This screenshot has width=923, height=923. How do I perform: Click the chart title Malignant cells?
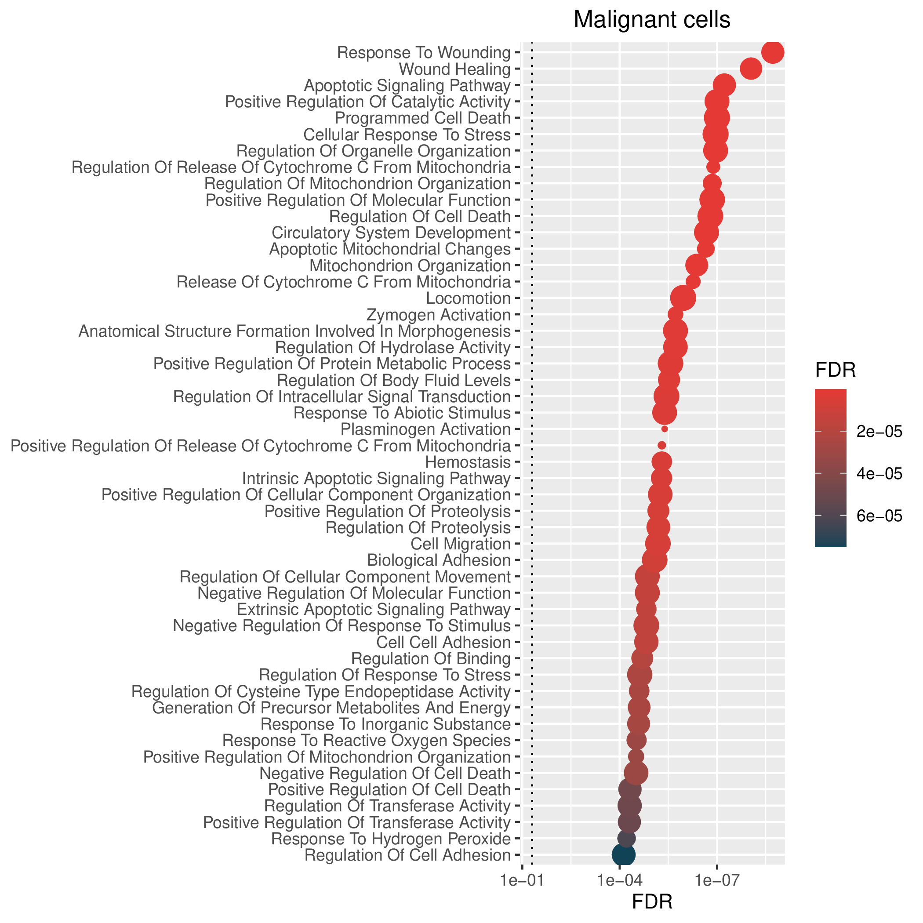tap(652, 20)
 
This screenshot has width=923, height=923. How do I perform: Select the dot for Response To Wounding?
tap(773, 52)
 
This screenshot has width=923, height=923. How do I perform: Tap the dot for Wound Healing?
tap(751, 69)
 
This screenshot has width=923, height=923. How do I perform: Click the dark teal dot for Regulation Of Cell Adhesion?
tap(623, 855)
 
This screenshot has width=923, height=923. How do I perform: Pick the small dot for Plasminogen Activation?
tap(665, 429)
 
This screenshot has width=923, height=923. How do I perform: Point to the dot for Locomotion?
tap(683, 298)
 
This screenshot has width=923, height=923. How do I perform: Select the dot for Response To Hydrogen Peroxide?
tap(626, 838)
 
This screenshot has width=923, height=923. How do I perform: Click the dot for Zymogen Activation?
tap(675, 314)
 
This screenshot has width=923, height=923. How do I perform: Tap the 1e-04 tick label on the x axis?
tap(620, 880)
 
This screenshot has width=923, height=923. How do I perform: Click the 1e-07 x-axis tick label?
tap(716, 880)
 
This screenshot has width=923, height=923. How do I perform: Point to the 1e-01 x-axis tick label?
tap(522, 880)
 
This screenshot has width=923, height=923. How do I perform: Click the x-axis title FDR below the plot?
tap(652, 901)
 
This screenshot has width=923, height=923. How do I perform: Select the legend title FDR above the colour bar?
tap(835, 370)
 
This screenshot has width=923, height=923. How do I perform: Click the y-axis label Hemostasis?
tap(468, 462)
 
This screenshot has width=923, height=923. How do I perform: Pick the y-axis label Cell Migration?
tap(461, 544)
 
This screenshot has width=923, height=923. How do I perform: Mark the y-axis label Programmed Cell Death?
tap(423, 118)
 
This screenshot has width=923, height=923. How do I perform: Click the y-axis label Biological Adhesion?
tap(439, 560)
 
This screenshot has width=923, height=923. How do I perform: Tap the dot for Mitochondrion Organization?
tap(696, 265)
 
